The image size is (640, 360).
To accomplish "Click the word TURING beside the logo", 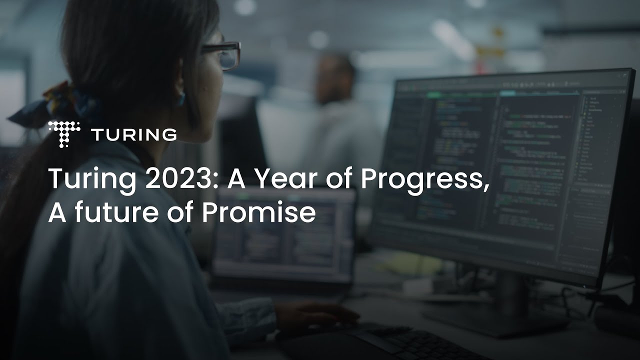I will pos(134,134).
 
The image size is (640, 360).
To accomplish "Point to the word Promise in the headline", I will pos(258,213).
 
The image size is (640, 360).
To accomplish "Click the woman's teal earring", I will pos(180,98).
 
